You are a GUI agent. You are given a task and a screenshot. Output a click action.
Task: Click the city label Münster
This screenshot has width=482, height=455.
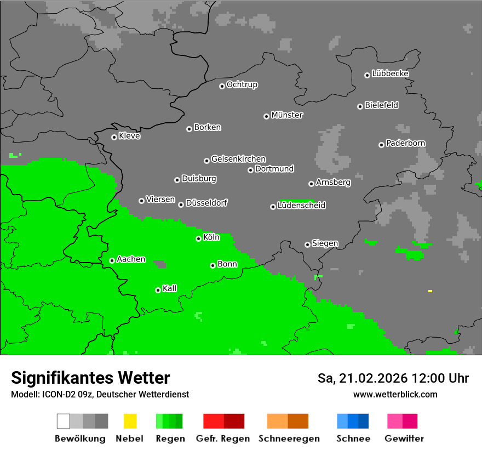click(287, 115)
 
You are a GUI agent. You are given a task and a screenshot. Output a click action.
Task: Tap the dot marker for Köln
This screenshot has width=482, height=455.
click(199, 238)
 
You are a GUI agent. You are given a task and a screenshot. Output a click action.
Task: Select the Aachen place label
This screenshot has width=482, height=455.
click(131, 259)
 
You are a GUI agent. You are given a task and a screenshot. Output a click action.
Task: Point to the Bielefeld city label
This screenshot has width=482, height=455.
click(381, 105)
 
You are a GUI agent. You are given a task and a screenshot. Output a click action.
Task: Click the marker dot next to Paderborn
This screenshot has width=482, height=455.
click(381, 145)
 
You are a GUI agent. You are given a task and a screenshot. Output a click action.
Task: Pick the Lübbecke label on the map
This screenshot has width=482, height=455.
click(390, 73)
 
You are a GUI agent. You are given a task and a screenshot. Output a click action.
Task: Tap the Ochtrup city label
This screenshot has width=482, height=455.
click(242, 85)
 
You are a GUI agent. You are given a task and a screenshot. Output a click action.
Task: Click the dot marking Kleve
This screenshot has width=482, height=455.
click(114, 137)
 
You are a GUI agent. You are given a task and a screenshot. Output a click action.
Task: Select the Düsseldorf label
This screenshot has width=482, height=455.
click(206, 203)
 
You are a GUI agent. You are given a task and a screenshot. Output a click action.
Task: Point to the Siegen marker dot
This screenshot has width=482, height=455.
click(307, 244)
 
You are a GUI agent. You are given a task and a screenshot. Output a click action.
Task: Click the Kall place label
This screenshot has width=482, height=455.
click(170, 288)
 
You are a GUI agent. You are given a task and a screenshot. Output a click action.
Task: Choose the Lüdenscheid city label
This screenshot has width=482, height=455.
click(301, 206)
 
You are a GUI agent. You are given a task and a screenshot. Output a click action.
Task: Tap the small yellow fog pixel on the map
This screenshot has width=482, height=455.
click(430, 291)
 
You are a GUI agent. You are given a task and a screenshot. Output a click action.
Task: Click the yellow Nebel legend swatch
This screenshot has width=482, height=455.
click(130, 421)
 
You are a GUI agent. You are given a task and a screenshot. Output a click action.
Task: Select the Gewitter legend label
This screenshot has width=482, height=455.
click(404, 439)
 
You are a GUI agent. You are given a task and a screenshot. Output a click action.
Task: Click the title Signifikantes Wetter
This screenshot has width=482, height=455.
click(90, 378)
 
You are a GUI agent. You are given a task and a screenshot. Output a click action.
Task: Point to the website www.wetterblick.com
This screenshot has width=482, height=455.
click(395, 394)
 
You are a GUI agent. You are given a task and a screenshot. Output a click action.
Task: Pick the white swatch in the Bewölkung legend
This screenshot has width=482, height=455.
click(64, 421)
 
